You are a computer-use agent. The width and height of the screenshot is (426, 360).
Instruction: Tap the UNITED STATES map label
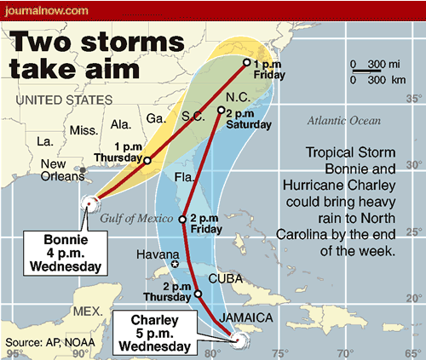click(64, 100)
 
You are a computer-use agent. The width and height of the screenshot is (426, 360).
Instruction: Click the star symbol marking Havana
click(174, 265)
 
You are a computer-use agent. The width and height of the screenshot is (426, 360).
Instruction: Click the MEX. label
click(88, 312)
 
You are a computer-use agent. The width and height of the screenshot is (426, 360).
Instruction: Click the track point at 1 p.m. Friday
click(247, 62)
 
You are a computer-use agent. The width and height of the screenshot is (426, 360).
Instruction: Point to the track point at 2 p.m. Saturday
click(221, 111)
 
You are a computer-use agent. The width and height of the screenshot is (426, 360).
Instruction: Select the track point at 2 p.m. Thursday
click(199, 294)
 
